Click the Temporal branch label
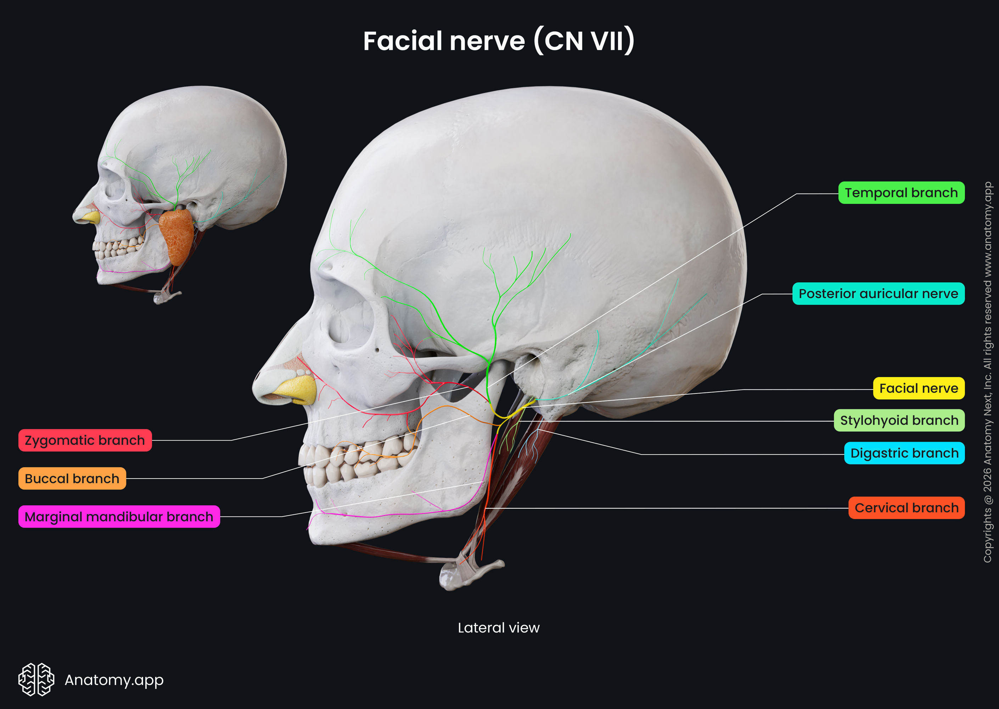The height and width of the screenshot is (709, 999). [901, 193]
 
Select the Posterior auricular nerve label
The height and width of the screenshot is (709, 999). [878, 294]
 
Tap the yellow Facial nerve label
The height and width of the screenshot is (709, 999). [918, 388]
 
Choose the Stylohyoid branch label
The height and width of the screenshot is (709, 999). [899, 420]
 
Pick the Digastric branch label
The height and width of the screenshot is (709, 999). [904, 453]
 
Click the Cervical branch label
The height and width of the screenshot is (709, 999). [906, 508]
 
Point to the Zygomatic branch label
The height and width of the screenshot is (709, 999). [85, 440]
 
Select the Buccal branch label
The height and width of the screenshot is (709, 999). [72, 479]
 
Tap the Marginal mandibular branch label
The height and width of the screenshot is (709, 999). [119, 517]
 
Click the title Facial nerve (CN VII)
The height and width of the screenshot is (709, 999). [499, 41]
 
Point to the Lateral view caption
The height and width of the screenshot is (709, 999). [498, 628]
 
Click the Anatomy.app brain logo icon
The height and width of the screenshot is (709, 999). [36, 679]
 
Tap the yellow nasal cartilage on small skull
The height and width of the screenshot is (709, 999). [91, 217]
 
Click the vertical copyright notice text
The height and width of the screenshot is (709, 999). [987, 371]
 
